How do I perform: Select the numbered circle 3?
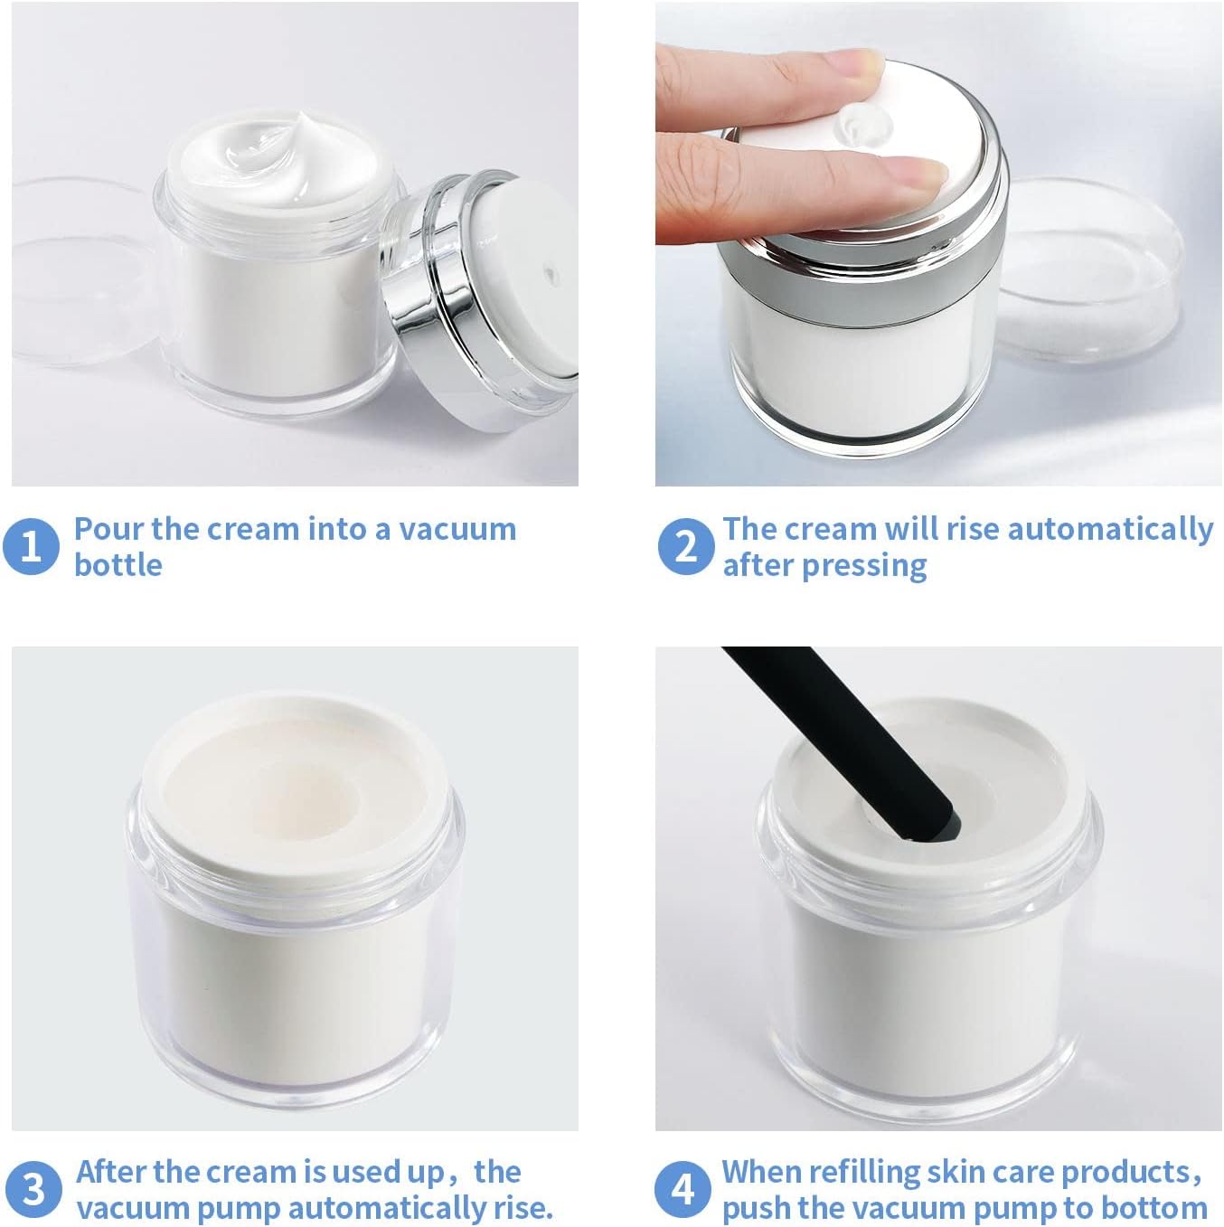pos(33,1189)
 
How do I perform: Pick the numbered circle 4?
pos(683,1189)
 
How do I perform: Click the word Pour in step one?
pos(109,529)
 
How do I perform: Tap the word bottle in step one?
pos(118,565)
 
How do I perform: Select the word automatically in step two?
pos(1109,529)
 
